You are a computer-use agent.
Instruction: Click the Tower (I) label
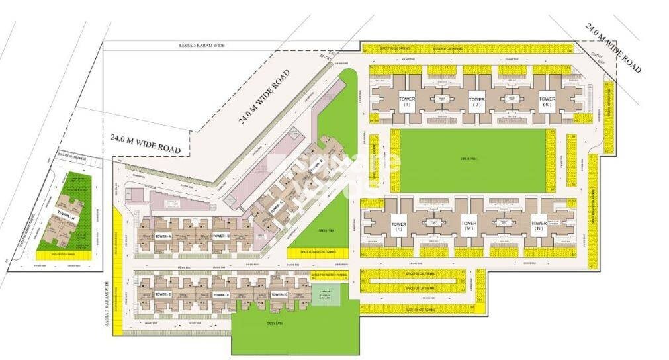(x=406, y=102)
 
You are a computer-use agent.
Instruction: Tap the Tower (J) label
(x=476, y=102)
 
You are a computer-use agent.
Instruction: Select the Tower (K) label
(x=547, y=102)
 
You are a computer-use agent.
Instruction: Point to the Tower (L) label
(x=398, y=227)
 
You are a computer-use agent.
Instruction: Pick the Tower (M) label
(x=468, y=226)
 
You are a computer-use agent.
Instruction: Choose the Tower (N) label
(x=539, y=226)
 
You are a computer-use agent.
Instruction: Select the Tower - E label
(x=163, y=294)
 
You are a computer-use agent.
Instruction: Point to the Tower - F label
(x=221, y=294)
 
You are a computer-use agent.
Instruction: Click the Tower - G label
(x=279, y=294)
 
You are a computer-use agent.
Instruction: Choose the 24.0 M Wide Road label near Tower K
(x=613, y=49)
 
